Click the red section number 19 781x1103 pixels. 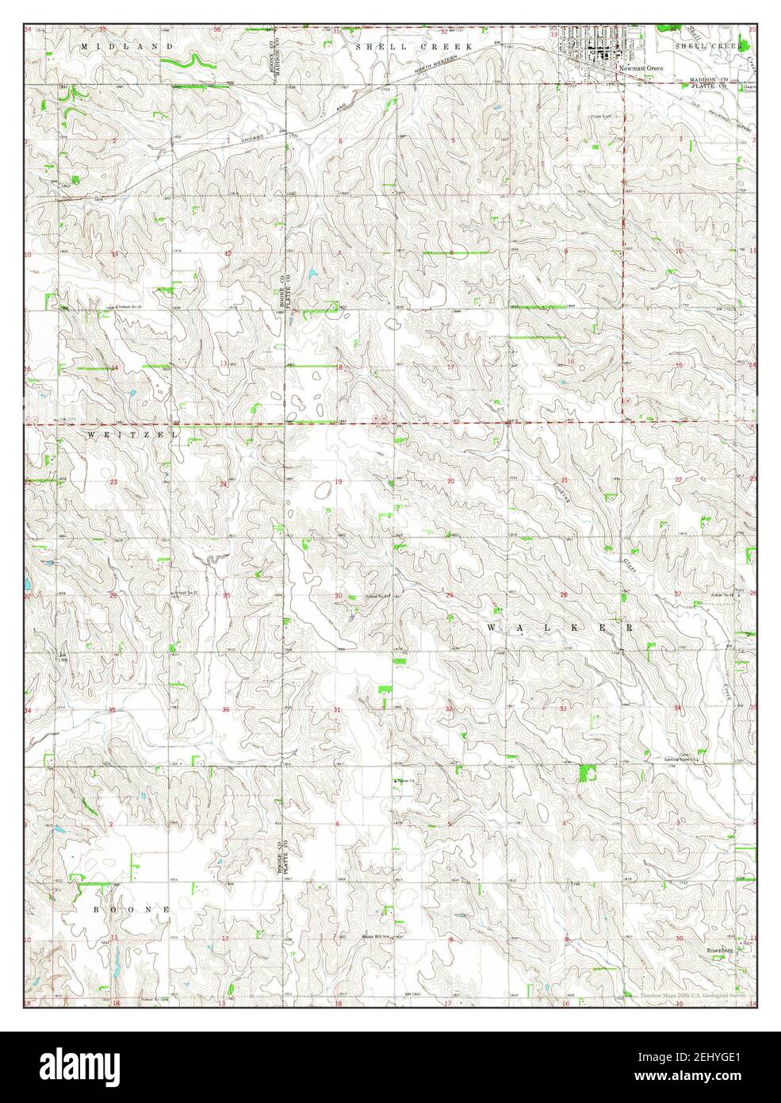[x=338, y=482]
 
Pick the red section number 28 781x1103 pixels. [x=565, y=594]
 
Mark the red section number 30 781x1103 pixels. [x=338, y=595]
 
